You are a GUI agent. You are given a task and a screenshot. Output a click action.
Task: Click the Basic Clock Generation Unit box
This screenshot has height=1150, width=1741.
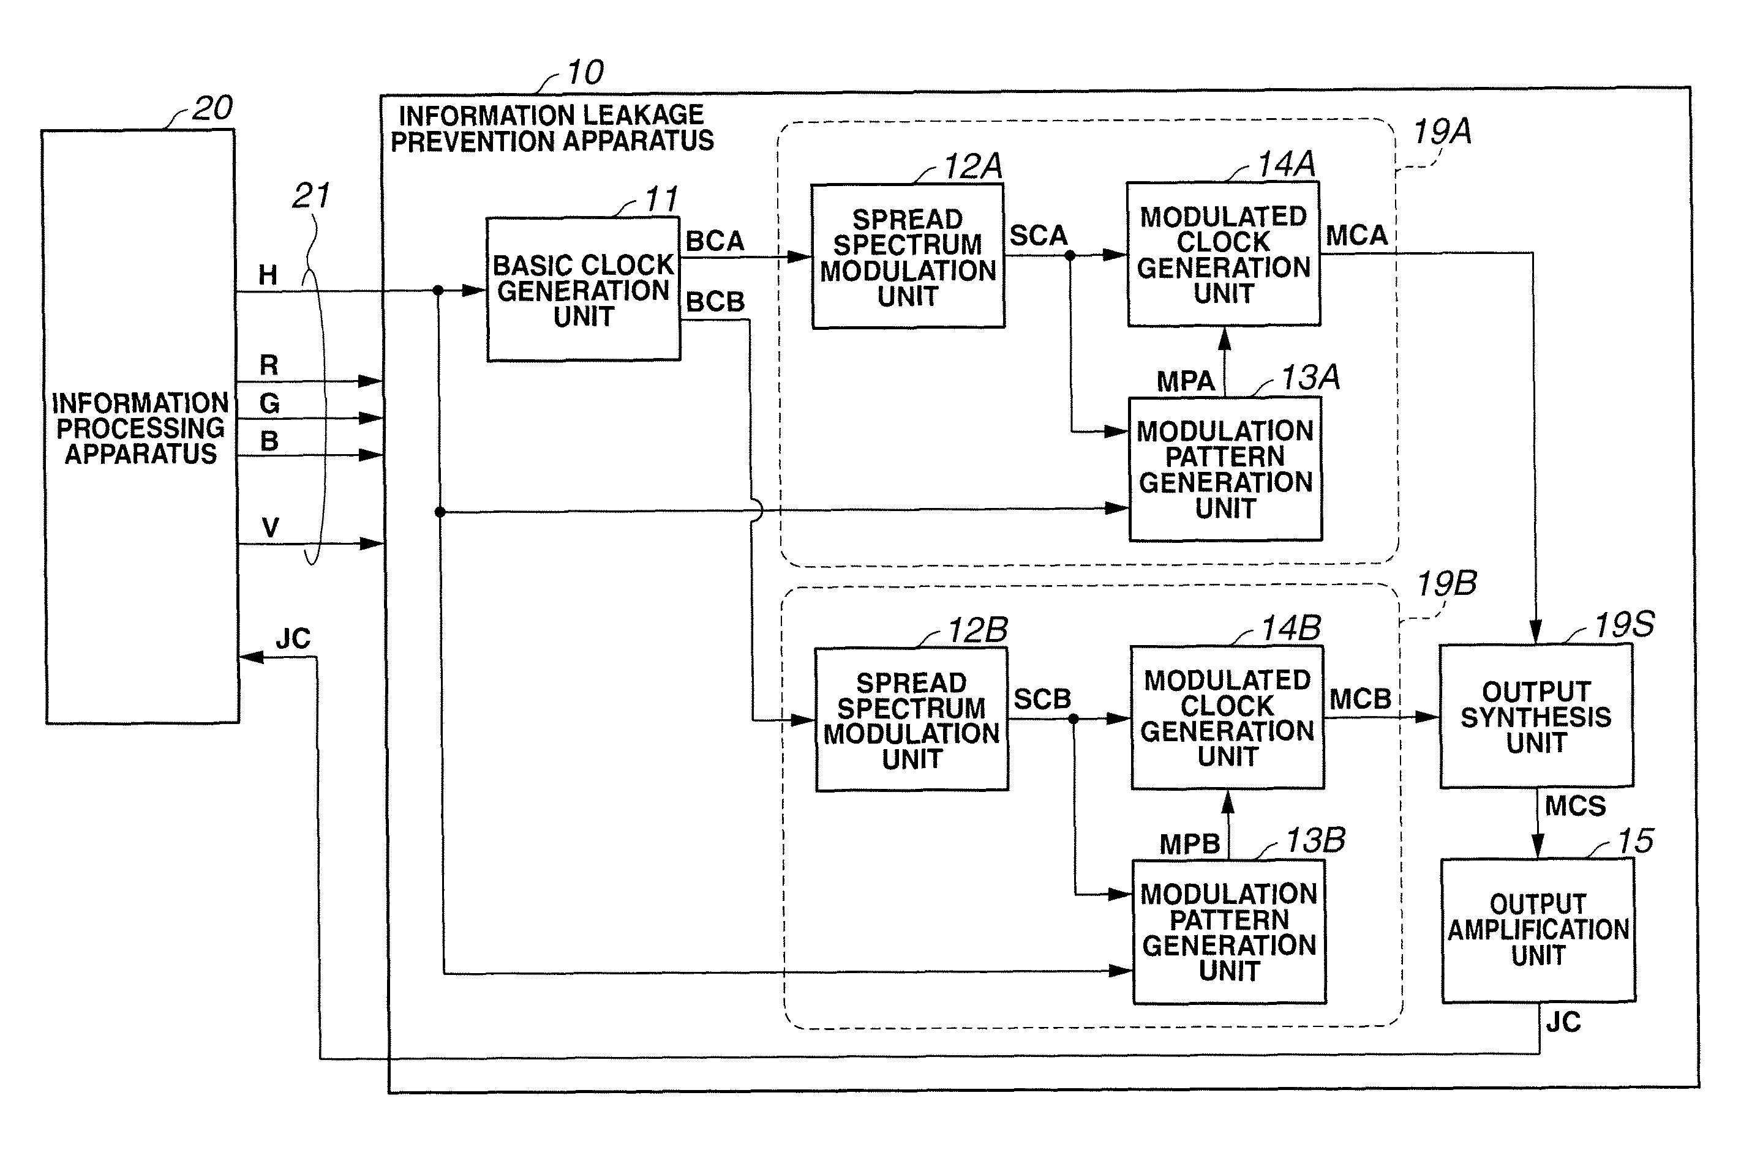pos(583,289)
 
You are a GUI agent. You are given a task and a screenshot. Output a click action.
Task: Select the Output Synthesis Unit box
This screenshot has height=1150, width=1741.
pos(1536,717)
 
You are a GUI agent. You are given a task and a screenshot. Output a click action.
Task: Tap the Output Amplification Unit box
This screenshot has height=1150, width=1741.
pos(1538,930)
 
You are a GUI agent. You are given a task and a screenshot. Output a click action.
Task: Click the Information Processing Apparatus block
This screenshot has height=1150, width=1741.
pos(141,427)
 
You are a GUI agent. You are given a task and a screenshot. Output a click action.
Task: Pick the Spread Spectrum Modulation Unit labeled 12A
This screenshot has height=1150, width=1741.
pos(908,256)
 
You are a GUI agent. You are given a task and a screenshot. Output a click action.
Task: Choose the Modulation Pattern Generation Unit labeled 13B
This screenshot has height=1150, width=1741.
pos(1229,932)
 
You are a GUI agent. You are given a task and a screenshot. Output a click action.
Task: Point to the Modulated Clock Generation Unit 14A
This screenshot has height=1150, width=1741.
pos(1223,255)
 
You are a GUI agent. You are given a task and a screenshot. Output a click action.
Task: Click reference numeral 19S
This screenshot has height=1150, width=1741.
pos(1623,625)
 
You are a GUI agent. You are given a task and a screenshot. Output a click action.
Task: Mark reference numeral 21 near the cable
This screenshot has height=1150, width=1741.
pos(311,196)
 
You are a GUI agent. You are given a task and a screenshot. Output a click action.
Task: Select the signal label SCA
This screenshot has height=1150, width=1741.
pos(1037,236)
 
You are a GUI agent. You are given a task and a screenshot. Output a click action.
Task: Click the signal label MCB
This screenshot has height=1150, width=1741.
pos(1360,699)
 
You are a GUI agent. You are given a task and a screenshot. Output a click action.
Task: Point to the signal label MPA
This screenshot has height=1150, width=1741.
pos(1185,381)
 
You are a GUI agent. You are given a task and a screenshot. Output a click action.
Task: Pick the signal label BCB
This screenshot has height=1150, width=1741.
pos(715,302)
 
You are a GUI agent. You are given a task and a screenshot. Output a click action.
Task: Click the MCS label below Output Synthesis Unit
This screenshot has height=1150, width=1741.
pos(1575,807)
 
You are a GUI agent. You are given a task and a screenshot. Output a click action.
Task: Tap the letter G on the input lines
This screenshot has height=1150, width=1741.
pos(269,403)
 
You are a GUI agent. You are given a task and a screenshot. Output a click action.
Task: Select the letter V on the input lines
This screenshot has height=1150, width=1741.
pos(270,528)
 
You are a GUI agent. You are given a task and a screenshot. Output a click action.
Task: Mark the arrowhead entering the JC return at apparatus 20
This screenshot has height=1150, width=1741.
pos(251,657)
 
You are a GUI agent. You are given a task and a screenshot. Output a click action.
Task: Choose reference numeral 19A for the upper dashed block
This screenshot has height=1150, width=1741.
pos(1442,132)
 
